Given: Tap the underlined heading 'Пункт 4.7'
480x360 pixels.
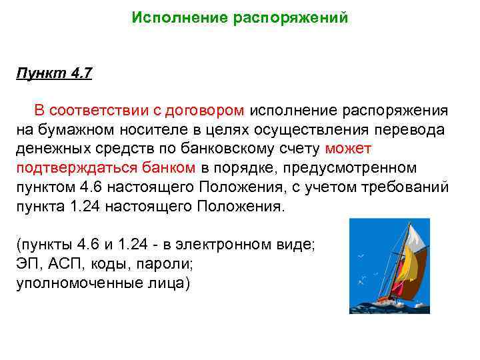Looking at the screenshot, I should (54, 73).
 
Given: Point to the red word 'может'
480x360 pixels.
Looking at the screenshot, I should (349, 148).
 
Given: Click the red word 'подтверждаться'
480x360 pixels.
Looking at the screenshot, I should (81, 167).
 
